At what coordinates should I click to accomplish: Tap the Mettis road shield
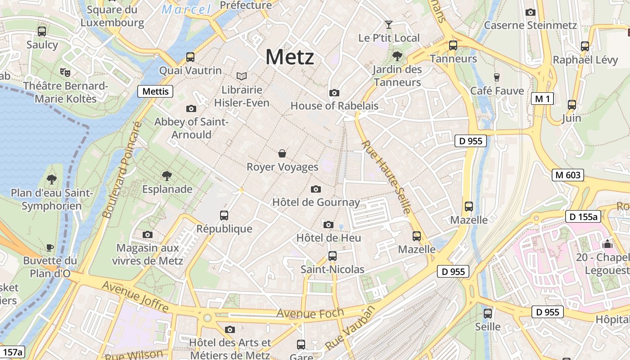[155, 91]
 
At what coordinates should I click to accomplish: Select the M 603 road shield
[568, 175]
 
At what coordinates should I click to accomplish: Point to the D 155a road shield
[583, 217]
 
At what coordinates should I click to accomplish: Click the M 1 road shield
[542, 99]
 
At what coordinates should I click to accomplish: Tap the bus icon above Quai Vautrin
[190, 57]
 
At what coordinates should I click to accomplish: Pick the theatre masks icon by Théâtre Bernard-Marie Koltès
[65, 72]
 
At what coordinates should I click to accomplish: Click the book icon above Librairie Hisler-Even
[242, 76]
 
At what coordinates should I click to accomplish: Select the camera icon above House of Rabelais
[334, 93]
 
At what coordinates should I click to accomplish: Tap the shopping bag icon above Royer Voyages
[282, 154]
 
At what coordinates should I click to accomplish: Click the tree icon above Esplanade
[167, 175]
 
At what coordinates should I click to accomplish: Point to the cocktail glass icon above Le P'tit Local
[389, 24]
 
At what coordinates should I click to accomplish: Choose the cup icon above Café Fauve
[497, 77]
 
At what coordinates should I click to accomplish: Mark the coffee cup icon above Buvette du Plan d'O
[50, 247]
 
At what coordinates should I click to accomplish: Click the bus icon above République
[224, 215]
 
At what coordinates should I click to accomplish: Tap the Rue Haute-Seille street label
[387, 177]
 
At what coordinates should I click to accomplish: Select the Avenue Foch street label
[310, 312]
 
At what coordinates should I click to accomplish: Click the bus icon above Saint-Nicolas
[333, 256]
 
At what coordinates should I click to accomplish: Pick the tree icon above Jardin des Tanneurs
[397, 56]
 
